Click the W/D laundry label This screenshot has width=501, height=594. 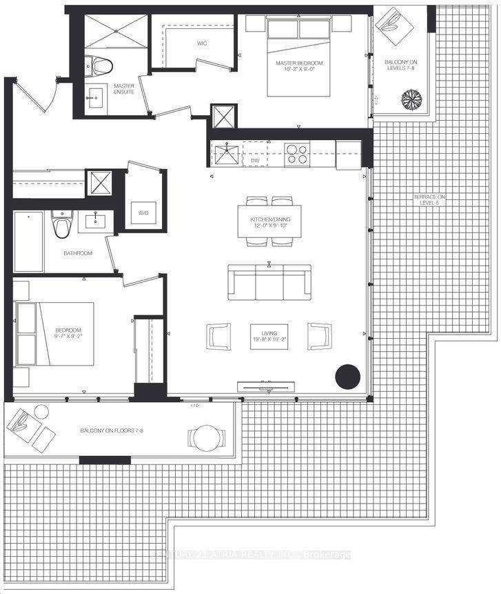pos(144,212)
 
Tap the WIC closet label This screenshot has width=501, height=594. pos(202,43)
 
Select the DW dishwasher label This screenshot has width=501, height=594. pos(255,160)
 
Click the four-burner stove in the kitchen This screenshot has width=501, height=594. pos(297,154)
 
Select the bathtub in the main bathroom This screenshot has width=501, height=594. pos(28,241)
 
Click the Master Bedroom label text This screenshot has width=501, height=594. pos(299,66)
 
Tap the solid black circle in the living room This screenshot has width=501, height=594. pos(347,377)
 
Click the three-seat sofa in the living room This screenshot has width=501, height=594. pos(268,282)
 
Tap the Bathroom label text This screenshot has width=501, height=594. pos(78,253)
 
